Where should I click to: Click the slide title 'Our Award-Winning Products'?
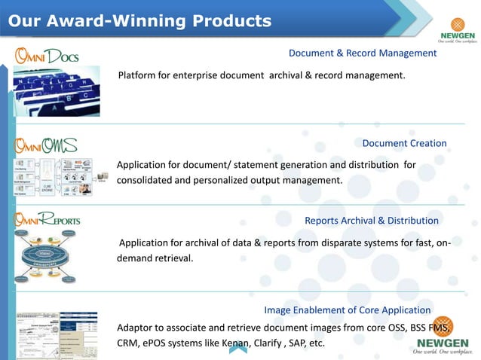click(x=139, y=20)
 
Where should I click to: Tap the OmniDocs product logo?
click(x=47, y=56)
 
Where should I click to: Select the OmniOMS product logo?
click(x=47, y=144)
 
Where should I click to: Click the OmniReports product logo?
click(x=47, y=221)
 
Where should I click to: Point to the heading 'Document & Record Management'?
click(x=363, y=53)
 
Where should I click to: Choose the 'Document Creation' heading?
click(x=404, y=143)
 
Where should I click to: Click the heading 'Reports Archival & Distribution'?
click(x=371, y=221)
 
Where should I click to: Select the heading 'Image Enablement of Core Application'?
click(x=348, y=310)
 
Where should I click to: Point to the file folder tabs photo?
click(x=57, y=90)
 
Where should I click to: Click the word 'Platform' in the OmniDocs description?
click(x=136, y=75)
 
